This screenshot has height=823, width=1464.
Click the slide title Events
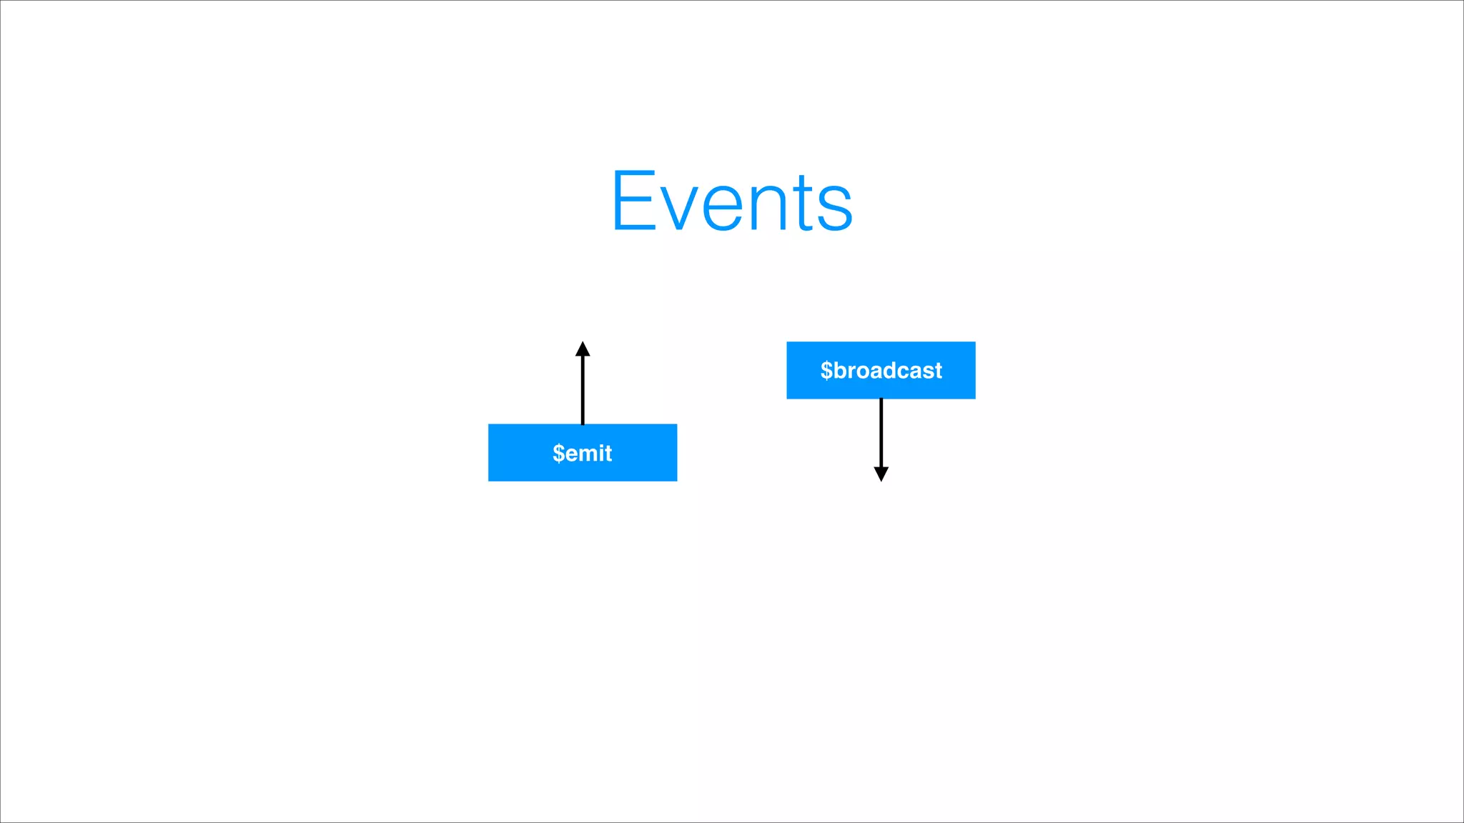click(x=732, y=201)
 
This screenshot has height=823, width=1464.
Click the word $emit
click(x=583, y=453)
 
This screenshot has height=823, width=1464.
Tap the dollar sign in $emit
click(x=558, y=453)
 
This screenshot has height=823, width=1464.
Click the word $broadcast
click(x=881, y=370)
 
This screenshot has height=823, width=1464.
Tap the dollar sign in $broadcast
click(x=826, y=370)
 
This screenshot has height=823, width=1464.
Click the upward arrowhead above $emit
click(x=583, y=349)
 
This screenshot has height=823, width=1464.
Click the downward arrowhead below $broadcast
click(x=881, y=474)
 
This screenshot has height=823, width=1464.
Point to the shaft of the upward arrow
click(x=583, y=389)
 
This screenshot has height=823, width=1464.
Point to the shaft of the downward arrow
click(x=881, y=432)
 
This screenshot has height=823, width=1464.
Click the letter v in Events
click(x=676, y=207)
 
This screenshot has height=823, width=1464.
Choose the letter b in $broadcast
click(x=841, y=370)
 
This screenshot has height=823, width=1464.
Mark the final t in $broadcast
click(x=938, y=371)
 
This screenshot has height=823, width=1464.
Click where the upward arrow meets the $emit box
click(x=583, y=424)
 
